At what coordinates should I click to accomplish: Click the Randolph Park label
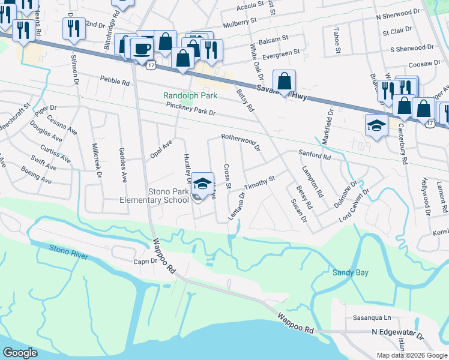pos(190,96)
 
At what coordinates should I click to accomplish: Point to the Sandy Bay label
pos(351,272)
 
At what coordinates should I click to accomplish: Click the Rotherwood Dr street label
pos(240,142)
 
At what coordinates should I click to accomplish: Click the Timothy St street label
pos(263,181)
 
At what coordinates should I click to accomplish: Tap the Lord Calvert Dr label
pos(354,205)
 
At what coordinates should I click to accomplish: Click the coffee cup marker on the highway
pos(142,47)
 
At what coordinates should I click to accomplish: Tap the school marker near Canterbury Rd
pos(376,125)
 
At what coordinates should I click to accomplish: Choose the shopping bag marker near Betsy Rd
pos(285,80)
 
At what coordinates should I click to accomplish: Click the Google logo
pos(21,353)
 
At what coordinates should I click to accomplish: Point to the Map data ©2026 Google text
pos(411,355)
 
